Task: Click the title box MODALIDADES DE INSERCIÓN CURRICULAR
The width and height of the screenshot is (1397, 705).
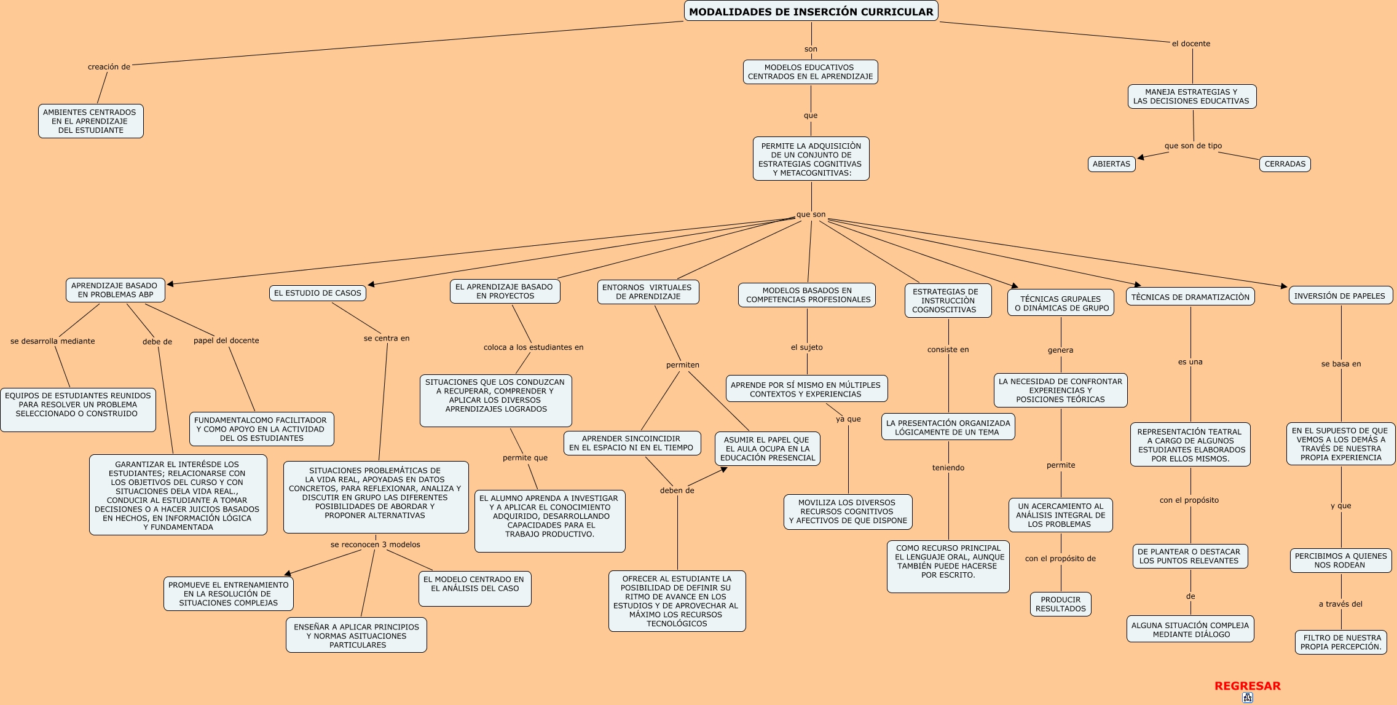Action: pyautogui.click(x=811, y=11)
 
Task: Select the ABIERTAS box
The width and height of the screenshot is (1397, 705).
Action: pyautogui.click(x=1111, y=164)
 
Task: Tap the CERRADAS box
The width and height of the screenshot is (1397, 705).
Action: pyautogui.click(x=1285, y=164)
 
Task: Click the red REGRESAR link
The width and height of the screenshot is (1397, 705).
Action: pyautogui.click(x=1247, y=686)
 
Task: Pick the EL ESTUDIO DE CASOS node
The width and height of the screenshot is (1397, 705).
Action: pyautogui.click(x=317, y=293)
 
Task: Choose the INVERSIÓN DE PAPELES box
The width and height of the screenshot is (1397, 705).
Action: pyautogui.click(x=1339, y=296)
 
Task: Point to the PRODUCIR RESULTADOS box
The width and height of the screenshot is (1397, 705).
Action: pyautogui.click(x=1060, y=604)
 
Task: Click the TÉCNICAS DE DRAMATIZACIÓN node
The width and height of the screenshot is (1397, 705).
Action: pyautogui.click(x=1190, y=297)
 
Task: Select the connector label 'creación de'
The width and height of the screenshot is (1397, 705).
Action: pyautogui.click(x=109, y=67)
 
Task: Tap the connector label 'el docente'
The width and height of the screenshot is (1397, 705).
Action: pyautogui.click(x=1190, y=44)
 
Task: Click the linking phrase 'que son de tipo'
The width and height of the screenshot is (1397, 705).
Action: pyautogui.click(x=1193, y=146)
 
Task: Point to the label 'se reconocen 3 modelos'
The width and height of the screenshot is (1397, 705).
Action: pyautogui.click(x=375, y=545)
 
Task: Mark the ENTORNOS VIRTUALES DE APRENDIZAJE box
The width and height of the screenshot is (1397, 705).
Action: pyautogui.click(x=648, y=292)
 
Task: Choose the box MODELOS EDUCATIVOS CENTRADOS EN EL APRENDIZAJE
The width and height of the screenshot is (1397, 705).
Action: pyautogui.click(x=810, y=72)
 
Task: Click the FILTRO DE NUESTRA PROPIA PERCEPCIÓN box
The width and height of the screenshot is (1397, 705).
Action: pyautogui.click(x=1340, y=642)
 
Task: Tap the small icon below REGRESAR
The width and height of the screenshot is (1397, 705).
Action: pyautogui.click(x=1247, y=698)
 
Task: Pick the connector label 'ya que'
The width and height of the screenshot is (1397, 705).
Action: pyautogui.click(x=848, y=419)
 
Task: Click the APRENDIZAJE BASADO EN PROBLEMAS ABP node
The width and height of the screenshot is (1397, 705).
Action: pyautogui.click(x=115, y=290)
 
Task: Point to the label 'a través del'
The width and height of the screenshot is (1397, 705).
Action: pyautogui.click(x=1340, y=604)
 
